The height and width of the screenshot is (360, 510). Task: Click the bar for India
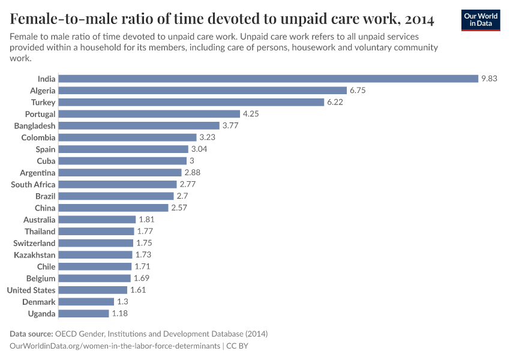[x=268, y=79]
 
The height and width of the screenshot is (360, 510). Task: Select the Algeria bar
[x=203, y=91]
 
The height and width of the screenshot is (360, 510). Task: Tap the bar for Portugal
[x=149, y=114]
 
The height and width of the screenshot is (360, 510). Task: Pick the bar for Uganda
[x=84, y=314]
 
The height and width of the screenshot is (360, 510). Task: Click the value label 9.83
[x=488, y=79]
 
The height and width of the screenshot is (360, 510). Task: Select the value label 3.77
[x=230, y=126]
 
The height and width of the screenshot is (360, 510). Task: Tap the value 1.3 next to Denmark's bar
[x=122, y=302]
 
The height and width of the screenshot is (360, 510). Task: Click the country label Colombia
[x=38, y=137]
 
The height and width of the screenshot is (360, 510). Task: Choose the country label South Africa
[x=33, y=185]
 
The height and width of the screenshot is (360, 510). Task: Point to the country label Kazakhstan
[x=35, y=255]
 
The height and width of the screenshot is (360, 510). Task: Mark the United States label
[x=31, y=290]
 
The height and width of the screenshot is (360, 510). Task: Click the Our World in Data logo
[x=481, y=19]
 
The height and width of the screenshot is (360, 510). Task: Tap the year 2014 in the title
[x=415, y=20]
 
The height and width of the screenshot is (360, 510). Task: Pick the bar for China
[x=113, y=208]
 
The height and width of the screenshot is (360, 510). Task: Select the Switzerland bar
[x=96, y=243]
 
